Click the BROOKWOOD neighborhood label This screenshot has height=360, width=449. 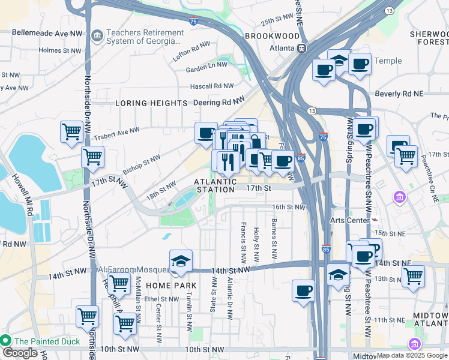coord(272,36)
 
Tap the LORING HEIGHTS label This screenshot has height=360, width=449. coord(152,103)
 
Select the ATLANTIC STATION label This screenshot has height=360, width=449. coord(214,185)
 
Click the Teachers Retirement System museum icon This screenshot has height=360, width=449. coord(97,37)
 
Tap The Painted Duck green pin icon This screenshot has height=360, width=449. coord(6,341)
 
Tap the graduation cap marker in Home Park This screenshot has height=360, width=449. coord(181,261)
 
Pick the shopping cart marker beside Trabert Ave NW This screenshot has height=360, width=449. coord(71,130)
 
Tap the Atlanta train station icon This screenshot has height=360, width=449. coord(302,48)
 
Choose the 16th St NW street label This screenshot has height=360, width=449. coord(289,207)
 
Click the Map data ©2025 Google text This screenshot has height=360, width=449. coord(411,355)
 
